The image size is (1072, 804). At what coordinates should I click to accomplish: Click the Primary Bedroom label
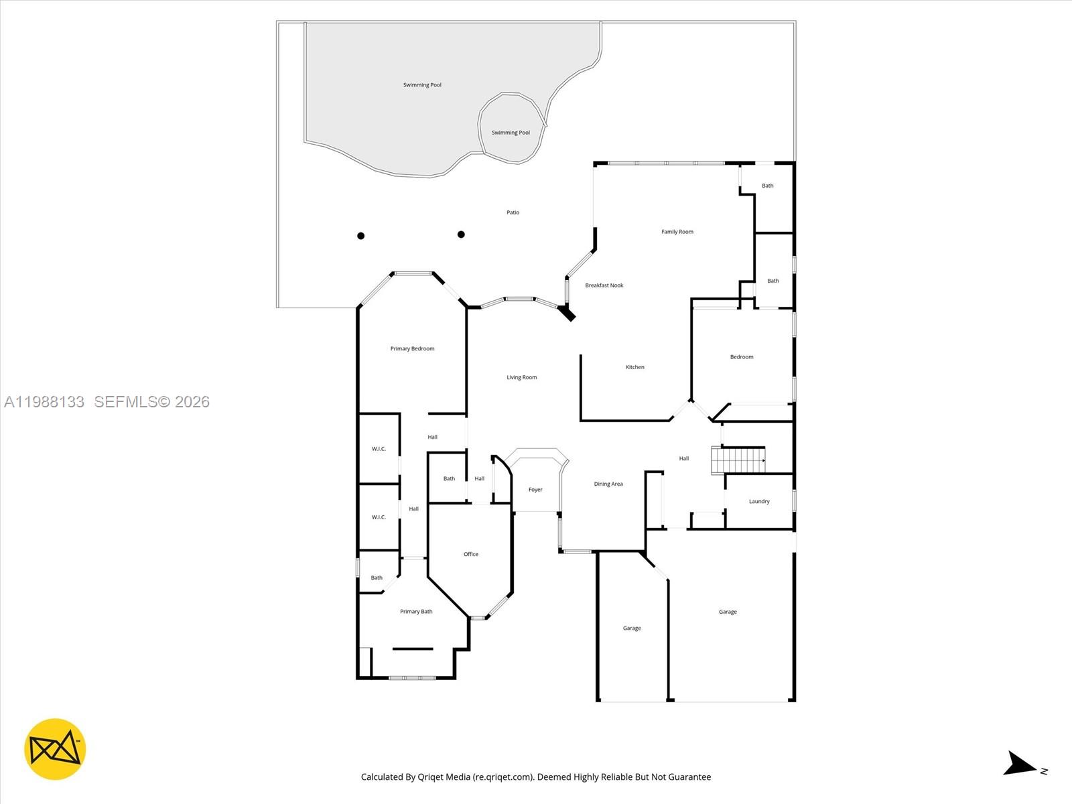[412, 348]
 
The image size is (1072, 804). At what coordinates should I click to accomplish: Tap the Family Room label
[677, 232]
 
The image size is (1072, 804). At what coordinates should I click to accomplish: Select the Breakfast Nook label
[604, 285]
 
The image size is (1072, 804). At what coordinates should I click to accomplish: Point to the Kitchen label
[634, 367]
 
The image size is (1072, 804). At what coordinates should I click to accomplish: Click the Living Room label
[521, 377]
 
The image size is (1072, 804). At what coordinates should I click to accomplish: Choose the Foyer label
[535, 490]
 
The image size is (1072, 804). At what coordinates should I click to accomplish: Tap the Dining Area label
[608, 484]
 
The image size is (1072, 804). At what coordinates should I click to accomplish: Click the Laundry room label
[758, 501]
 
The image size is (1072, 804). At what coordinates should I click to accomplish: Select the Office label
[470, 554]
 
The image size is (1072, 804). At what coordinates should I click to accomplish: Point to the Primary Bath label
[415, 612]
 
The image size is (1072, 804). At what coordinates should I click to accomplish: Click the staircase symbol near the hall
[738, 460]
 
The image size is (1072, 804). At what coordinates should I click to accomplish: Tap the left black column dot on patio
[360, 236]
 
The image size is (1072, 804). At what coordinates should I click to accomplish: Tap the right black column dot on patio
[461, 234]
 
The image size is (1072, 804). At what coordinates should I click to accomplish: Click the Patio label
[513, 212]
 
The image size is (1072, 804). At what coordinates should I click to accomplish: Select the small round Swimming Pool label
[511, 133]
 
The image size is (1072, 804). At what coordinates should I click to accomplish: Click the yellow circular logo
[55, 749]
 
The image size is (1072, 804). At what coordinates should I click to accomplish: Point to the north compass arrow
[1020, 764]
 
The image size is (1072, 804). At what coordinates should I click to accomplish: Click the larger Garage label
[728, 612]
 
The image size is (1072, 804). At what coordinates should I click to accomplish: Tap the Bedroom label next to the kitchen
[741, 357]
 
